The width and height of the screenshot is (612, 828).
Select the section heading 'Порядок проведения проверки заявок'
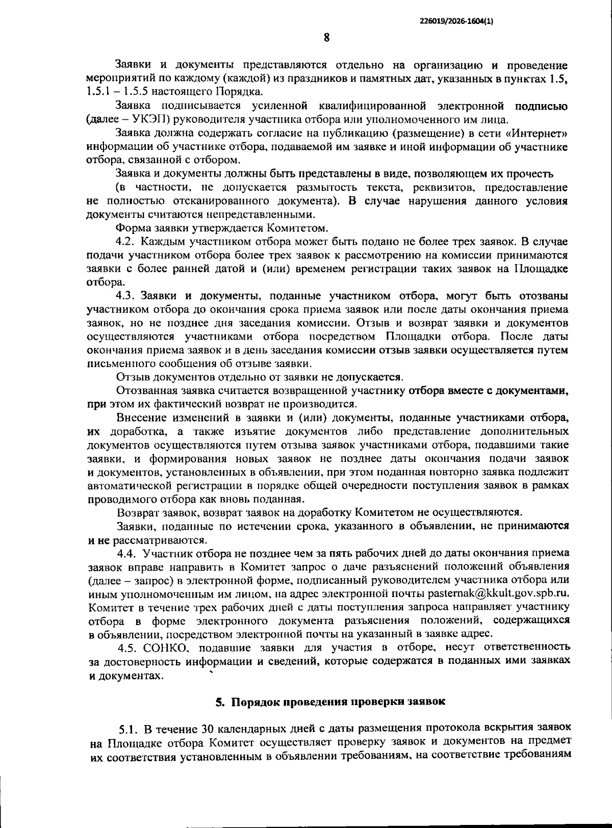(x=339, y=702)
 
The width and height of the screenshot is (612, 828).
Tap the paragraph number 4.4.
(x=128, y=553)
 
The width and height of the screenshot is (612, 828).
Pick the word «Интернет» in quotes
(x=540, y=134)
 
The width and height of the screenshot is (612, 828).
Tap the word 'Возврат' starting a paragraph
(x=137, y=512)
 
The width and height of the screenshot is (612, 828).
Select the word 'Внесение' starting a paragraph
(x=138, y=418)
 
